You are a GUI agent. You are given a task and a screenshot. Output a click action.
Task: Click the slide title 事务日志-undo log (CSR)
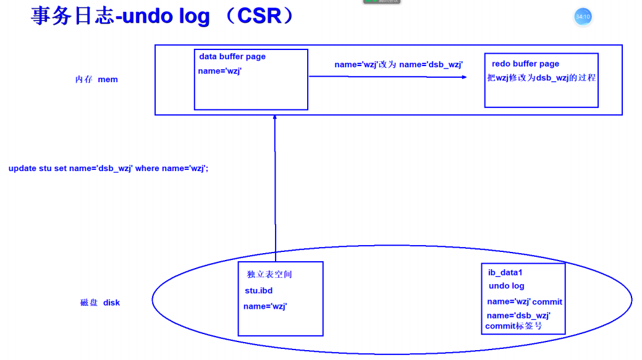click(164, 16)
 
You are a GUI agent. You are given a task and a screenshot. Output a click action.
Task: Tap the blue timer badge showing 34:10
click(583, 17)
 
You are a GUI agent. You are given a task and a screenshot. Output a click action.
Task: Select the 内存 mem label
click(96, 80)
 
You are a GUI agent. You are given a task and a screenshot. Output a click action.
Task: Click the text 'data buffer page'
click(232, 57)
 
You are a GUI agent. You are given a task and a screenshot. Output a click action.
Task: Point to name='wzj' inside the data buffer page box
click(219, 71)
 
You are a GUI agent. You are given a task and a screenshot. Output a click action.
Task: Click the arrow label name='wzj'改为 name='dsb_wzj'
click(399, 65)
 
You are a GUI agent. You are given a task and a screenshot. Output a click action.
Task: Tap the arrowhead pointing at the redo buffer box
click(464, 77)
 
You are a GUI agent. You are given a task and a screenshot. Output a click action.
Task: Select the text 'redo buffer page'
click(525, 64)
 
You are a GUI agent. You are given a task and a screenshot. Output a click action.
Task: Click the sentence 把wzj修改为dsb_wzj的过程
click(541, 78)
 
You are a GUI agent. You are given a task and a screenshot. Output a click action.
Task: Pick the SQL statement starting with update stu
click(108, 169)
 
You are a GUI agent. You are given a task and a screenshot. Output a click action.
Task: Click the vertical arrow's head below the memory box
click(275, 119)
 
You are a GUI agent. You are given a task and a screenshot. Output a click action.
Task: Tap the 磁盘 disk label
click(100, 303)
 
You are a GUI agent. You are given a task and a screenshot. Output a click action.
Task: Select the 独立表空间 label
click(269, 275)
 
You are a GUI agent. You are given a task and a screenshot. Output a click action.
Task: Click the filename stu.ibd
click(258, 291)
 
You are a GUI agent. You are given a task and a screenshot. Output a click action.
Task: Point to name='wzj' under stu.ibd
click(265, 306)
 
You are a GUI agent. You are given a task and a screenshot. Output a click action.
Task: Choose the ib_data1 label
click(505, 272)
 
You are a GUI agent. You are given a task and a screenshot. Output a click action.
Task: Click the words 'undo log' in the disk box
click(506, 286)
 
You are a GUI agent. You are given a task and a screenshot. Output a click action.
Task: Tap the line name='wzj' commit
click(525, 302)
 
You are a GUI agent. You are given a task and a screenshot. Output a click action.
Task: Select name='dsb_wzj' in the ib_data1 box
click(518, 316)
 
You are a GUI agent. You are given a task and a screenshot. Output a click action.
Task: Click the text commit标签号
click(513, 326)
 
